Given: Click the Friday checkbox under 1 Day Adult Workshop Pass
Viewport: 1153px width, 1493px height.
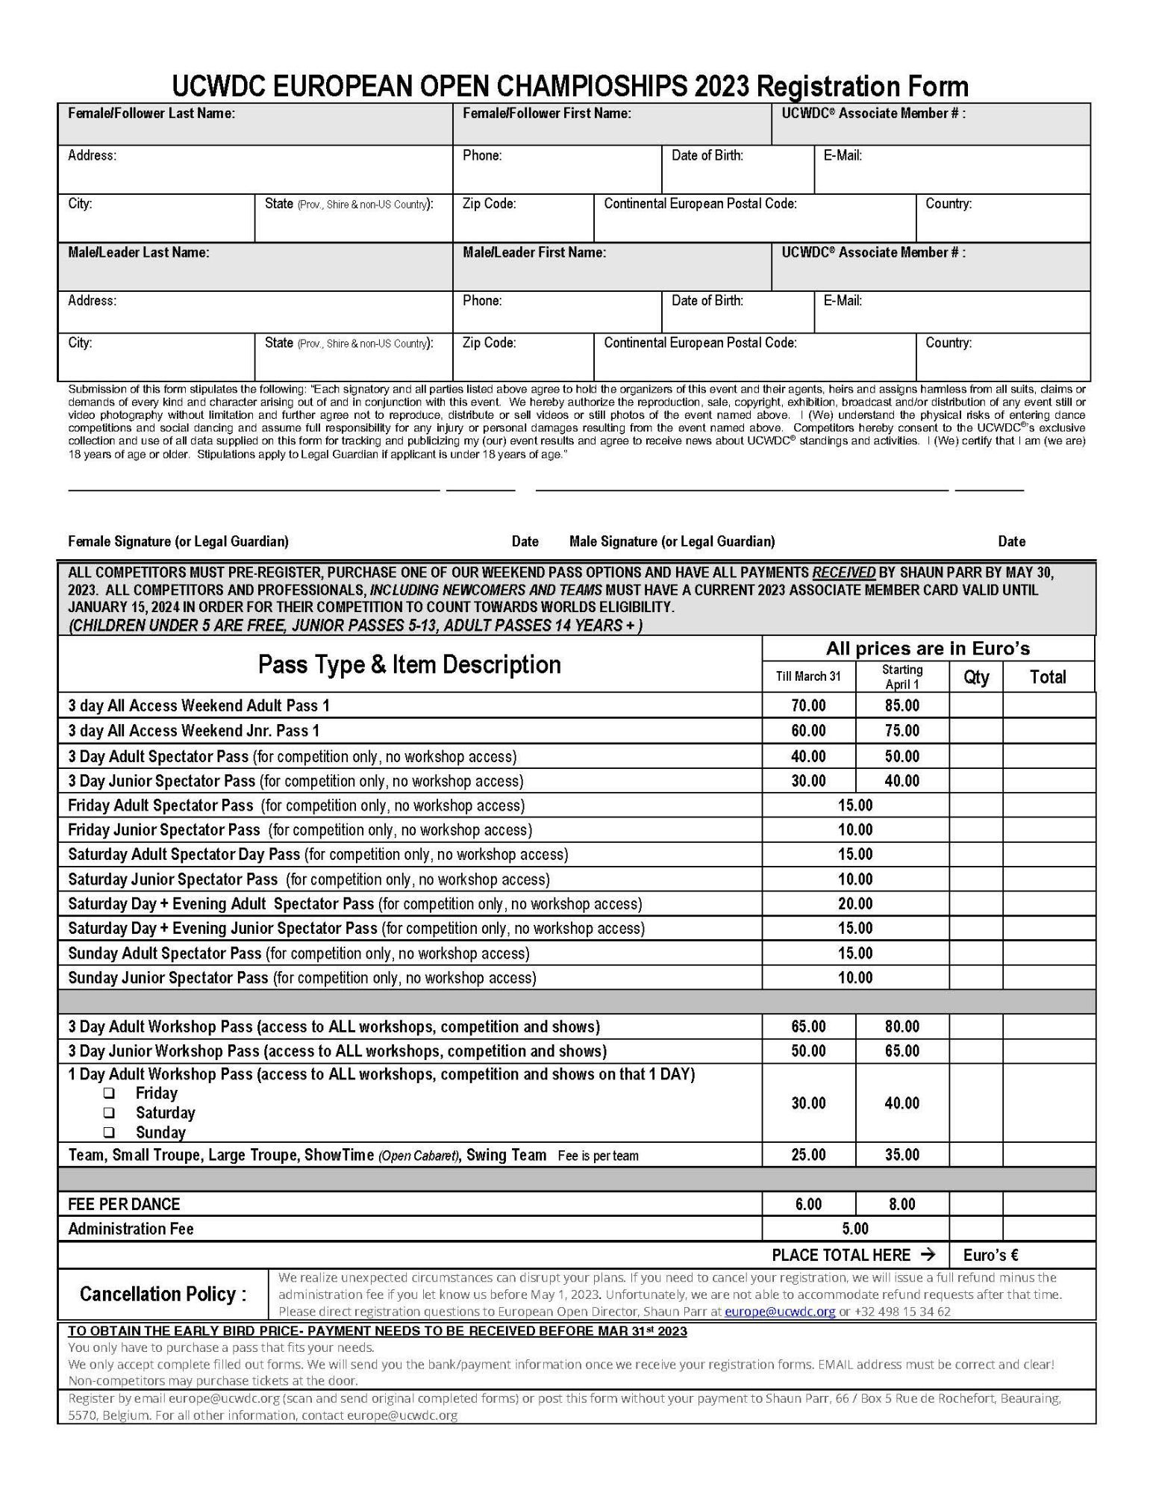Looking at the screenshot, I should [x=110, y=1093].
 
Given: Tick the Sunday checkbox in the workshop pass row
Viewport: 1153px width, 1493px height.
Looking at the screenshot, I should [x=110, y=1132].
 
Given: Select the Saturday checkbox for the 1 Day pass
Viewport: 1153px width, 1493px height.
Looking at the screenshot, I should [x=110, y=1112].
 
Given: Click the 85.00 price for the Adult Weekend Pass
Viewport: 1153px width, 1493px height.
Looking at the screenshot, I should [x=902, y=705].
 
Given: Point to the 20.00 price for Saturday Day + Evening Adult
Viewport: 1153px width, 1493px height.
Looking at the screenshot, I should [x=854, y=903].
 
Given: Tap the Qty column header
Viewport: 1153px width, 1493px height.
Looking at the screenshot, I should [x=976, y=677].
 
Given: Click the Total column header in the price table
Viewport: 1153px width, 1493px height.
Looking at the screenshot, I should [x=1048, y=677].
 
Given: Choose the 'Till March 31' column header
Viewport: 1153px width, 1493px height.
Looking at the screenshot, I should [x=808, y=676].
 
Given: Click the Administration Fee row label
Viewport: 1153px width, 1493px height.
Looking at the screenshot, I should [x=131, y=1228].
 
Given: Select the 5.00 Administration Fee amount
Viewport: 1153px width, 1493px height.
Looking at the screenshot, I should [x=854, y=1228].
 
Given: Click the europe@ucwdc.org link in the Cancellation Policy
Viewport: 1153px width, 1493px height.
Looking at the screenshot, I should [x=780, y=1311].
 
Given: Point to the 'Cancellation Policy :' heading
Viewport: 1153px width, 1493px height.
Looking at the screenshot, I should [x=163, y=1294].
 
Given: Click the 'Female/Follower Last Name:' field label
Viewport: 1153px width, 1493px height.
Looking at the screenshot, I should [x=151, y=113].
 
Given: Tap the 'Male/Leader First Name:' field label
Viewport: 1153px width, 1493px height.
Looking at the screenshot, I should [x=534, y=252].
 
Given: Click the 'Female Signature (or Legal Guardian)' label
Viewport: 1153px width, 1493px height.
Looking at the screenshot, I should [x=178, y=541].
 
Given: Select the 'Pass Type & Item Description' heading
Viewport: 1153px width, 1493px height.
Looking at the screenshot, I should [x=409, y=664].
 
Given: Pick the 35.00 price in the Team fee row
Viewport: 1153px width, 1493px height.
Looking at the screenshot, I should [x=902, y=1155].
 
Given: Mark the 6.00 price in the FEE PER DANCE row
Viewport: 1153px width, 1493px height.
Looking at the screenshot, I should [x=808, y=1203].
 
